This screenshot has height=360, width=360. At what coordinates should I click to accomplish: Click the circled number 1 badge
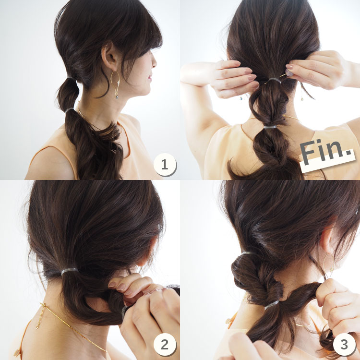(165, 165)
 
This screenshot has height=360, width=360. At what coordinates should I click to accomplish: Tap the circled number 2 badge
(165, 344)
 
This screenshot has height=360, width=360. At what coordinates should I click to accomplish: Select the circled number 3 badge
(344, 344)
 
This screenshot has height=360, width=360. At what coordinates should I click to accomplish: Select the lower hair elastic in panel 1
(69, 110)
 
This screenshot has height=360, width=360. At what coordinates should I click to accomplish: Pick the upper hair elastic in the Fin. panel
(275, 80)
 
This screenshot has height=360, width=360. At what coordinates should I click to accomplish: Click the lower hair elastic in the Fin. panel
(270, 127)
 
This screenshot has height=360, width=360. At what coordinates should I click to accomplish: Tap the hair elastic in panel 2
(69, 271)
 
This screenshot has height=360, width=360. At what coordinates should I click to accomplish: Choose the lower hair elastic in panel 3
(272, 305)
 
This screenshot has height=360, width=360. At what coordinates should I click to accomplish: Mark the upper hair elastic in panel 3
(247, 253)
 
